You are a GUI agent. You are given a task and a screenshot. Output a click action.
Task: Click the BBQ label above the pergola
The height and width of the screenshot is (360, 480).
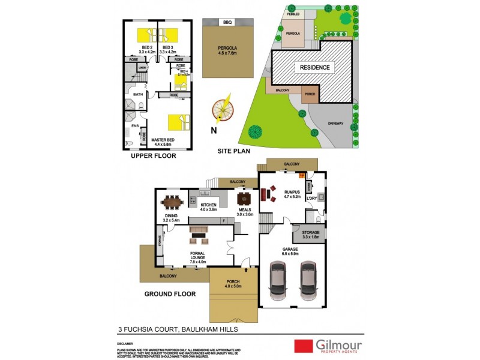pos(227,22)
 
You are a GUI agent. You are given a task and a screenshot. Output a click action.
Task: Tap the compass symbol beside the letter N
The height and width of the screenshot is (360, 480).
pos(223,109)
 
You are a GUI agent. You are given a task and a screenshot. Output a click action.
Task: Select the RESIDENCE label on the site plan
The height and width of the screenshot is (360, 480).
pos(314,68)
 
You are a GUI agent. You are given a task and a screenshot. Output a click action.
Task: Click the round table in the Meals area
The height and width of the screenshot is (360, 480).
pos(244,198)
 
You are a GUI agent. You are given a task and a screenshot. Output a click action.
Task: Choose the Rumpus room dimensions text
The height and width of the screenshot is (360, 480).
pos(292,197)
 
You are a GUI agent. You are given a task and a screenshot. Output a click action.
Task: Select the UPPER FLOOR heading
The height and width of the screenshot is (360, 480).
pos(153,156)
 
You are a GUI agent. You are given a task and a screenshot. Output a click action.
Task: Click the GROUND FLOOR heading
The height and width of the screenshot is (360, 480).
pos(170,294)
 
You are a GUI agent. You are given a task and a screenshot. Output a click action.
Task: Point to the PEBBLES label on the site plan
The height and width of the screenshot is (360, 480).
pos(293,13)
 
